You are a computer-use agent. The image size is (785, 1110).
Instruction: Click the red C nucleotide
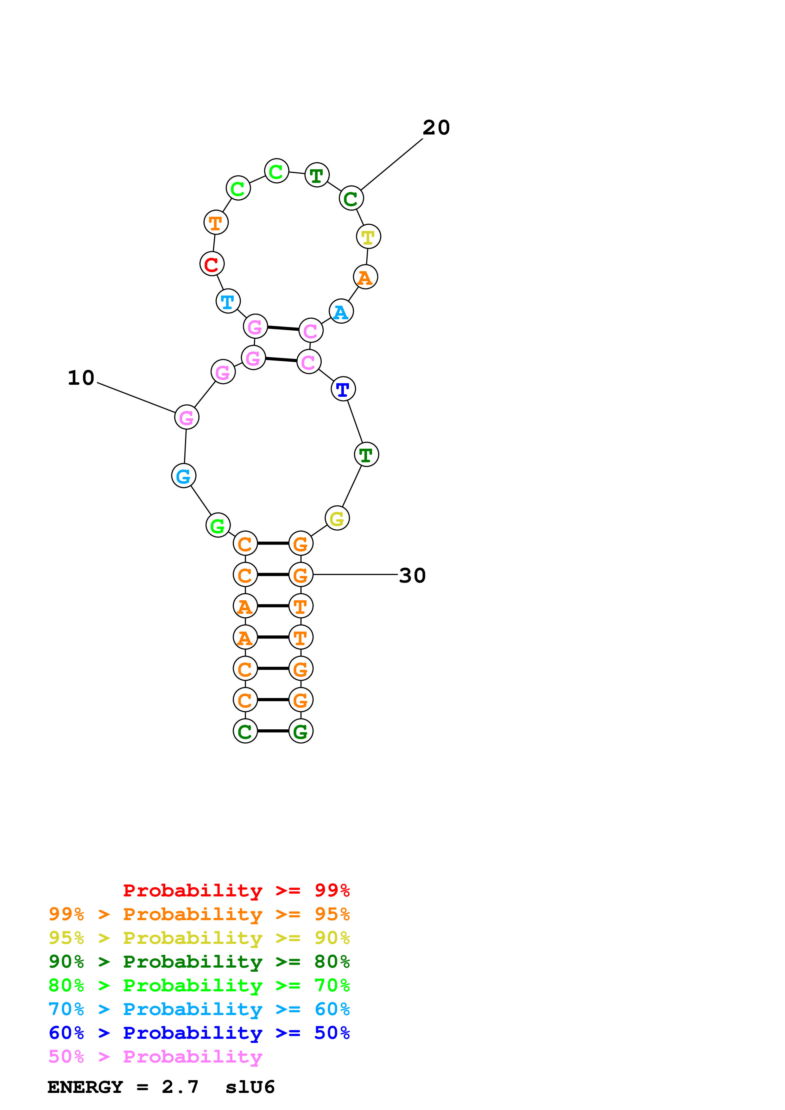click(212, 264)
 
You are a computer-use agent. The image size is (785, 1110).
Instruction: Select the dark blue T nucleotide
click(343, 389)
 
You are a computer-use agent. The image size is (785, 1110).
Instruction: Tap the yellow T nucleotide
click(368, 237)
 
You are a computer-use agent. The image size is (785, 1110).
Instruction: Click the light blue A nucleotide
click(341, 311)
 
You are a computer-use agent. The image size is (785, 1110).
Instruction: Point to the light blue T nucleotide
click(228, 301)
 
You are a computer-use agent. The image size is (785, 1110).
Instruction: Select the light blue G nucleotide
click(184, 476)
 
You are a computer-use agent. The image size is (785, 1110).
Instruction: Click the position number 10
click(81, 378)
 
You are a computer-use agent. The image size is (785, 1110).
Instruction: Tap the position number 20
click(436, 128)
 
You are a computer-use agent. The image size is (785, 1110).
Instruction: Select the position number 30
click(412, 575)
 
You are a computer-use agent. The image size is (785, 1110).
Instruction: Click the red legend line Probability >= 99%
click(237, 890)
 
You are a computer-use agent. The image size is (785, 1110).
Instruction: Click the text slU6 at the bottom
click(250, 1087)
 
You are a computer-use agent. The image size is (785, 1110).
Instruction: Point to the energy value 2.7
click(180, 1087)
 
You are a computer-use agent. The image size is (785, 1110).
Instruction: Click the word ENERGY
click(85, 1087)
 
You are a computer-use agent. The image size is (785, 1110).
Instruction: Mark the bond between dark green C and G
click(273, 731)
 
